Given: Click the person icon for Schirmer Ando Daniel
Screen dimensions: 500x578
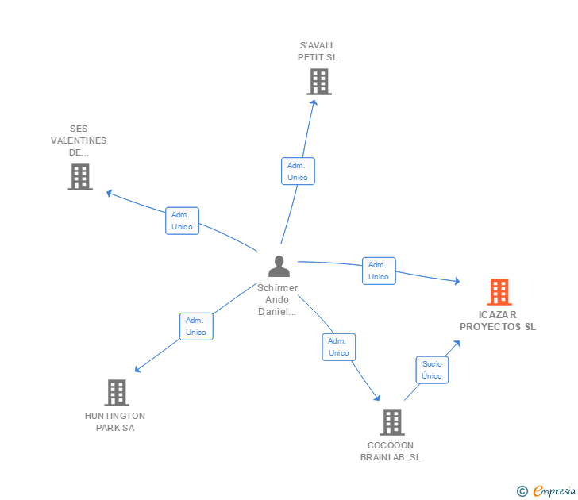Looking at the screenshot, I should point(279,267).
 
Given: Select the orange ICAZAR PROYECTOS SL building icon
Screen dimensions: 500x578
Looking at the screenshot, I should point(499,292).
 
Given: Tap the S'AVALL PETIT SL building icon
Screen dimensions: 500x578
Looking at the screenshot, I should point(318,82).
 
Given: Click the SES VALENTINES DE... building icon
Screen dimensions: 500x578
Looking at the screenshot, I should point(80,177).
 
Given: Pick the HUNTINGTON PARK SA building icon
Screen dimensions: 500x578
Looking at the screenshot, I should point(116,392).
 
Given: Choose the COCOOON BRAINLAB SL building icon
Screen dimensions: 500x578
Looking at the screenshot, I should point(391,422).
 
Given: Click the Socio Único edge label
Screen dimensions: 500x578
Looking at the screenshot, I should point(432,370).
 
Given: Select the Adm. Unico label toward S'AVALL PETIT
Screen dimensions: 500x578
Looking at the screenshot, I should point(298,171).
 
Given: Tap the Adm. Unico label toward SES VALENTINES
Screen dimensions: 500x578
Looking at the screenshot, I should point(182,221).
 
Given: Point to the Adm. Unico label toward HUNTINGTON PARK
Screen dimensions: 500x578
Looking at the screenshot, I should point(196,326).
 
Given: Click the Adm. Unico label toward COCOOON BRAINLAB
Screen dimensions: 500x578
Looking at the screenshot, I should point(339,347).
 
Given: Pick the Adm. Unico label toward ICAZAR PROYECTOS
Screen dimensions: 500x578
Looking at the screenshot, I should point(379,271).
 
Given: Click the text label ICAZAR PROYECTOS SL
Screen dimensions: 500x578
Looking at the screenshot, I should point(498,321).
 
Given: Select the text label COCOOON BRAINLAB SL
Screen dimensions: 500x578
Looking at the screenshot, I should point(391,451).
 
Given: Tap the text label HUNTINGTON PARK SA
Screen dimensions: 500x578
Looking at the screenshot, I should point(115,421).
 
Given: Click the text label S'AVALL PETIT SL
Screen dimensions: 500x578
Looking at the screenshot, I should point(318,51).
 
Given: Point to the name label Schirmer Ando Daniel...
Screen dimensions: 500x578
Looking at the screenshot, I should point(278,300).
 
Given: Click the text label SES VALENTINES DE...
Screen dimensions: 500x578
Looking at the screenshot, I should point(79,140).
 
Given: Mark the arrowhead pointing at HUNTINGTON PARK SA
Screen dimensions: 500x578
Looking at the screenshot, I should point(137,369).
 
